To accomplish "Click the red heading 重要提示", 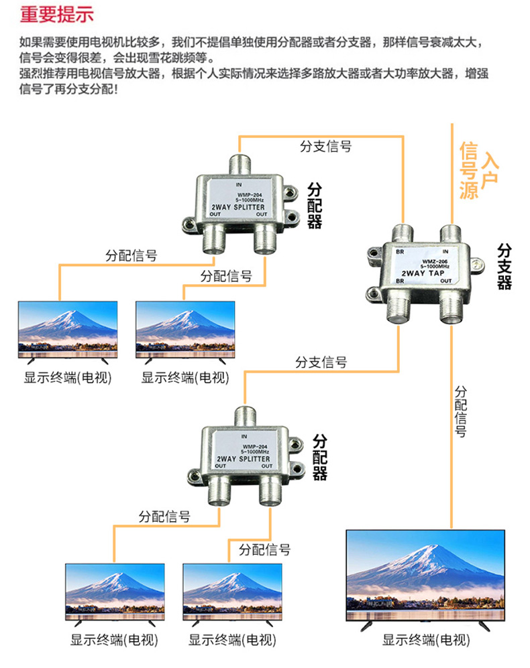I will tap(57, 14).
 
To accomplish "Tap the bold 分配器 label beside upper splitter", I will tap(315, 205).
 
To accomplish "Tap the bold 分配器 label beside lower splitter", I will tap(320, 457).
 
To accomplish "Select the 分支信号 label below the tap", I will tap(321, 362).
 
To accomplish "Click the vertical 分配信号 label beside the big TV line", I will tap(461, 411).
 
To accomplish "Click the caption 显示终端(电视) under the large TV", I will tap(427, 640).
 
